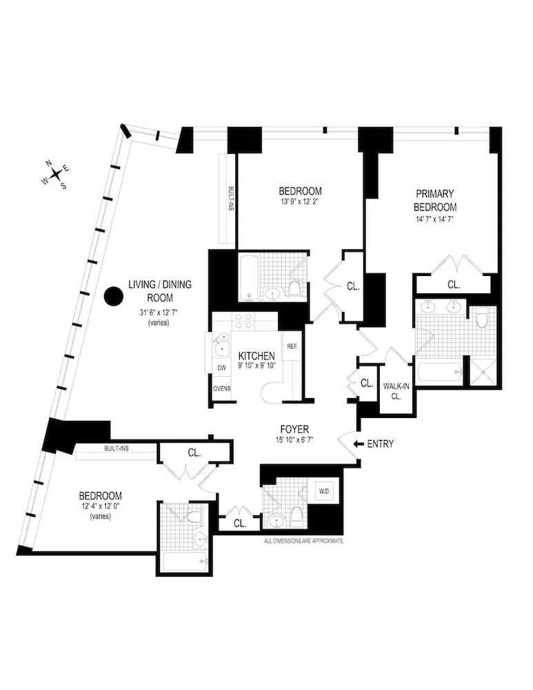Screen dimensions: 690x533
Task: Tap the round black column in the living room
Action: (x=113, y=297)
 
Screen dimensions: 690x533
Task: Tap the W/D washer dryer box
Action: (x=324, y=491)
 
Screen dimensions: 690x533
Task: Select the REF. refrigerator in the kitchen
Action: (x=292, y=346)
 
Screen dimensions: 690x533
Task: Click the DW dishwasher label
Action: (x=221, y=368)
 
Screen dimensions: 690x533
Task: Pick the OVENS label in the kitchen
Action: (x=221, y=388)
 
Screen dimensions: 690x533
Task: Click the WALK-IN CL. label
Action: (x=396, y=391)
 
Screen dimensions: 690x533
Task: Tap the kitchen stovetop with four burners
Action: (x=243, y=321)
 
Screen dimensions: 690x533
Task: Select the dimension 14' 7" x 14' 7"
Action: (x=435, y=219)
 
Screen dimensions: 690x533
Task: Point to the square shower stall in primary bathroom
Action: (x=483, y=371)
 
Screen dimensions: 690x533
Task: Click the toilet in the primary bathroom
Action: (x=482, y=317)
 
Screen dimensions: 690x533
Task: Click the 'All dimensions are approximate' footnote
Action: (x=303, y=542)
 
